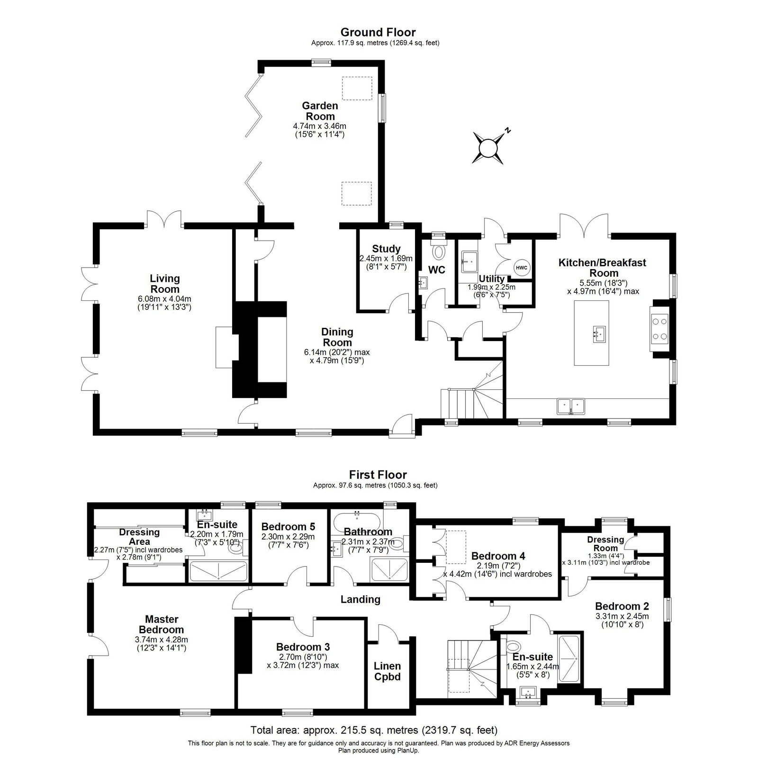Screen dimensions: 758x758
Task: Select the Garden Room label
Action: (x=320, y=111)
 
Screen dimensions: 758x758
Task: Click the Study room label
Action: (x=386, y=249)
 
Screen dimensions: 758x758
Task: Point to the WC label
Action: (x=436, y=270)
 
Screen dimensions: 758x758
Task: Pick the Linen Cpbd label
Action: (x=388, y=671)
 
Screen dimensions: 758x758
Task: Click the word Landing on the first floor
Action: (x=361, y=599)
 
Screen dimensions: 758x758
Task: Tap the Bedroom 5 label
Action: (x=288, y=526)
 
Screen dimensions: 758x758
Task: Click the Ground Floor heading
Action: (x=378, y=32)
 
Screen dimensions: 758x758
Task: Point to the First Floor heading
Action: (x=378, y=475)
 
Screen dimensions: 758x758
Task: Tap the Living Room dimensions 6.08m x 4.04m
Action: (x=165, y=299)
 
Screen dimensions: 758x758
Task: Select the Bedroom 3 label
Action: (x=303, y=647)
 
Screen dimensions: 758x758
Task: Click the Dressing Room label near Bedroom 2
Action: (x=605, y=543)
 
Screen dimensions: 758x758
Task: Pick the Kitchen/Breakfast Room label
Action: (x=603, y=268)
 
